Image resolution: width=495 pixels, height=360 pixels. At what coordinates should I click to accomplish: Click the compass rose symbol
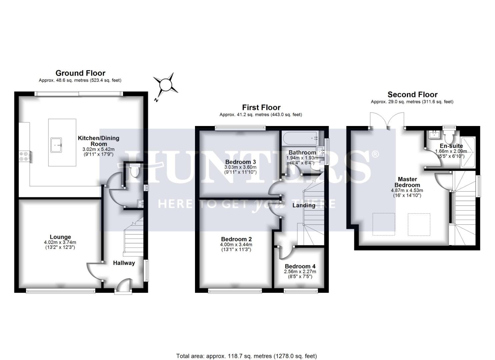tap(165, 85)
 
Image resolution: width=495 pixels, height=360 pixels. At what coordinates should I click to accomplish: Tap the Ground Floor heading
tap(80, 73)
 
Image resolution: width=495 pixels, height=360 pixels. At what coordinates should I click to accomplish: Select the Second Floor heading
tap(412, 95)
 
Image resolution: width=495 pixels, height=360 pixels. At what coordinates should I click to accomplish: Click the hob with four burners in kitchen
tap(24, 156)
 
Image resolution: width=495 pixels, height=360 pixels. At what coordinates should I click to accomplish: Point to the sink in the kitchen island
tap(57, 144)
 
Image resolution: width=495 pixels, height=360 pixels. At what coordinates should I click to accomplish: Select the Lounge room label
tap(60, 237)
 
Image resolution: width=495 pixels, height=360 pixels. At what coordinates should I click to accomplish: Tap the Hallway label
tap(124, 263)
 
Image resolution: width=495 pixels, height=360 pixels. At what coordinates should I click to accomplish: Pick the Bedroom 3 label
tap(240, 162)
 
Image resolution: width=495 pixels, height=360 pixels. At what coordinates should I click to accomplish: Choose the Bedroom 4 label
tap(300, 266)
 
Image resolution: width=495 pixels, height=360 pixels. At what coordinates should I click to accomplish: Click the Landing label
tap(304, 205)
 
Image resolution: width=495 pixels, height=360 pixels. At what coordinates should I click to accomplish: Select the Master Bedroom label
tap(407, 182)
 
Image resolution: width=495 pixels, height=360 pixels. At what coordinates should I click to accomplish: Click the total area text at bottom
tap(247, 356)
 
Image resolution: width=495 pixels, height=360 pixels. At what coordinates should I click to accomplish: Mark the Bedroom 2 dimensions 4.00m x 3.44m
tap(236, 245)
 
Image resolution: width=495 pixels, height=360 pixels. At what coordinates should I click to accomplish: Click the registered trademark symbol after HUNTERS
tap(375, 154)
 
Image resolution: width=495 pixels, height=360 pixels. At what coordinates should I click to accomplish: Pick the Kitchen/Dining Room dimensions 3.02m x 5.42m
tap(98, 149)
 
